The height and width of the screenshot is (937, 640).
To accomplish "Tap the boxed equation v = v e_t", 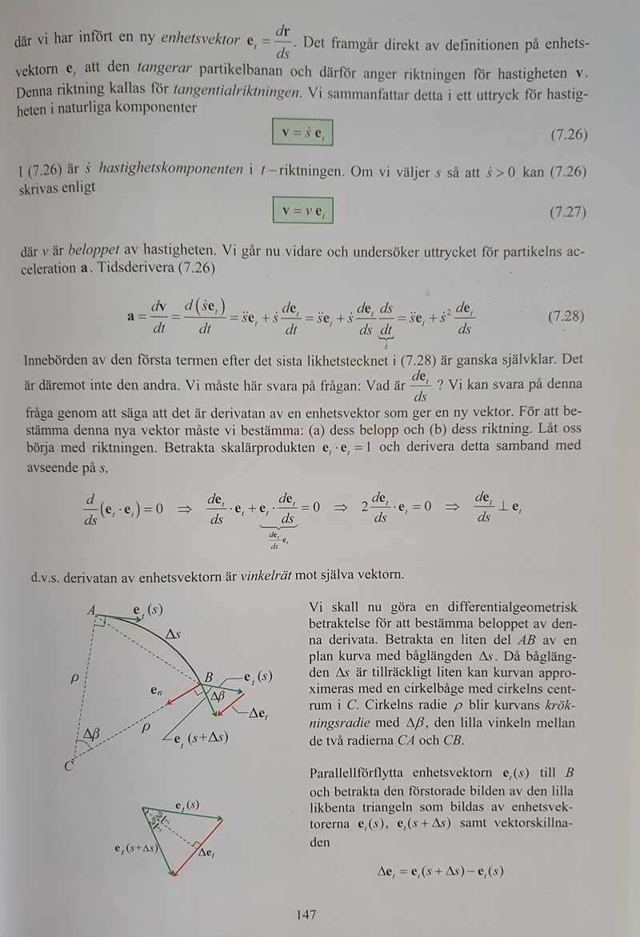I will pos(302,211).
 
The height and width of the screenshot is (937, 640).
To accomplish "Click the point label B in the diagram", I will pos(208,679).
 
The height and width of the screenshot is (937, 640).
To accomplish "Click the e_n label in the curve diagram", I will pos(156,687).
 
